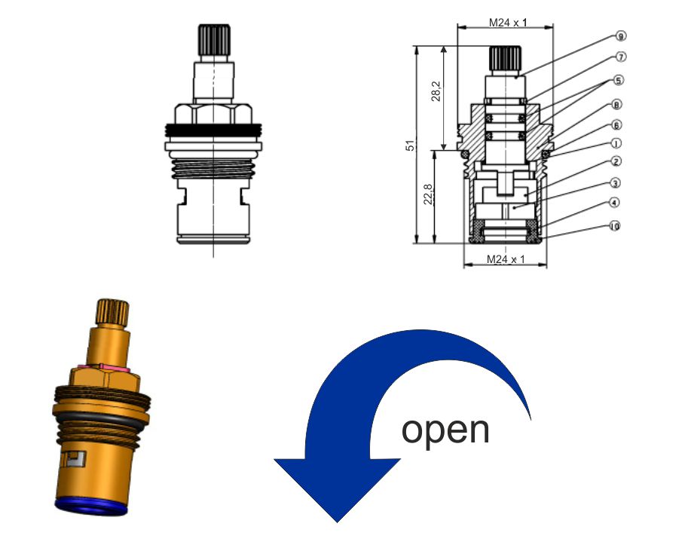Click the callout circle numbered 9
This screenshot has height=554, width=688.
621,36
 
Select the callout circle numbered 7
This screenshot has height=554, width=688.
621,57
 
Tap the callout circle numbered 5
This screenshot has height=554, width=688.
619,80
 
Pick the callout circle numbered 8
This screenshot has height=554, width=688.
617,105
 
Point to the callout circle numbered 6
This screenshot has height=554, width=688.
616,125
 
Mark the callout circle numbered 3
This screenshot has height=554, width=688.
616,183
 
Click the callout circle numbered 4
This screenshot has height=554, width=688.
615,203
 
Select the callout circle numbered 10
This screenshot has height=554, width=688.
614,226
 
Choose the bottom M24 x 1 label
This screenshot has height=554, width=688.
506,259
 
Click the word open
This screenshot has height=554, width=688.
445,430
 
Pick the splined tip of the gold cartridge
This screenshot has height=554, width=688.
112,310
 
